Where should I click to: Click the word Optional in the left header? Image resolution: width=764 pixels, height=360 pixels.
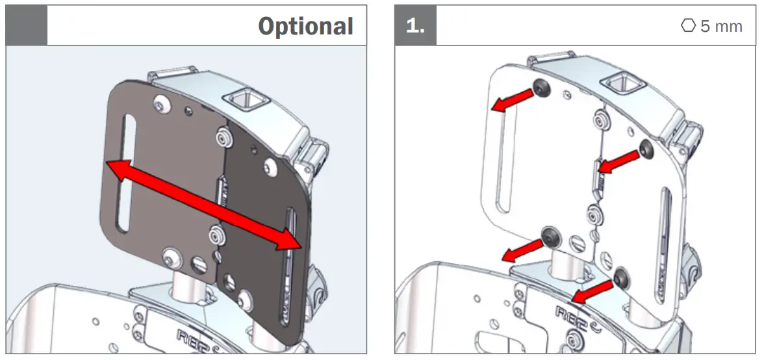click(305, 26)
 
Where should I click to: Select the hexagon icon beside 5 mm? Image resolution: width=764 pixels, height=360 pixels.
click(688, 26)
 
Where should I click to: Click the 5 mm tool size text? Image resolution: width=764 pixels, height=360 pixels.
click(721, 26)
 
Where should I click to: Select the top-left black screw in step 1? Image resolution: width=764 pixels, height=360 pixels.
click(541, 86)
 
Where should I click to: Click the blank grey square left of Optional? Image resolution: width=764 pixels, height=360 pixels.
click(27, 26)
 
